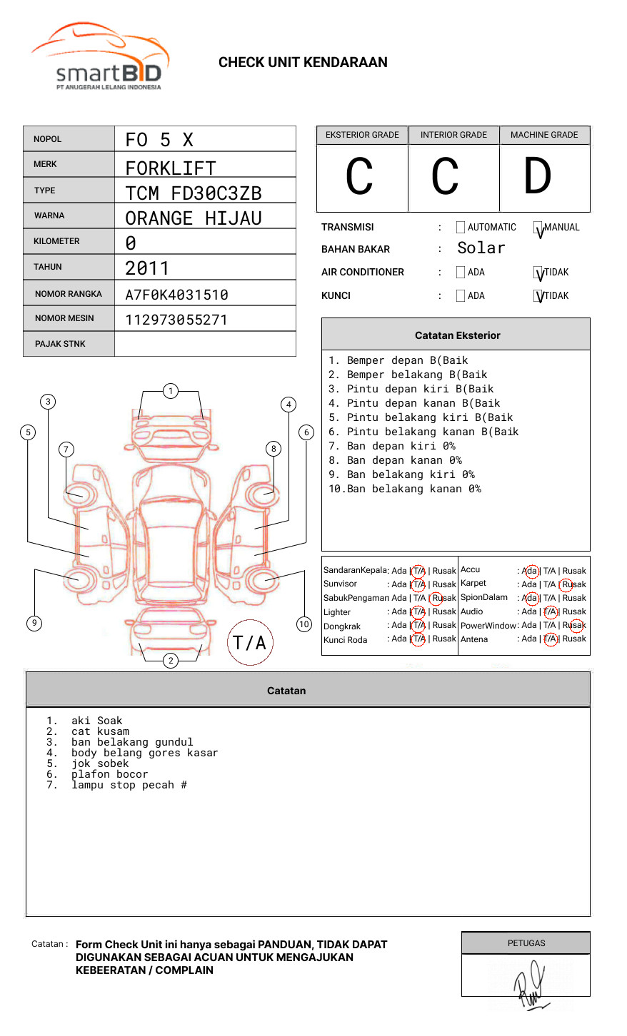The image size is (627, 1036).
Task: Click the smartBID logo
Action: click(100, 57)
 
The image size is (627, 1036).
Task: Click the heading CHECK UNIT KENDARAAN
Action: click(303, 63)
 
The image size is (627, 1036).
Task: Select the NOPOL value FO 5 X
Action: click(159, 140)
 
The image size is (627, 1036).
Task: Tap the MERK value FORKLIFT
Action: click(170, 168)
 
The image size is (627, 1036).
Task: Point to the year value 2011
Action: click(147, 268)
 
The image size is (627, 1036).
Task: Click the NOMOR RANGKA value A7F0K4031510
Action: click(176, 295)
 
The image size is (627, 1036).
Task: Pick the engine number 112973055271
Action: click(176, 320)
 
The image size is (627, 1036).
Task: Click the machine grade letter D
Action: click(537, 177)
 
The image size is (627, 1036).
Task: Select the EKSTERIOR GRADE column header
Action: click(362, 135)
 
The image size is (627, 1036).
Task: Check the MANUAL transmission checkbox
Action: click(538, 228)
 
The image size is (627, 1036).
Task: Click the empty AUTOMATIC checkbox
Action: click(461, 228)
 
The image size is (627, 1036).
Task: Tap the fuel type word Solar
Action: click(481, 248)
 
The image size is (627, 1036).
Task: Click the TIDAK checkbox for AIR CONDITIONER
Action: click(538, 273)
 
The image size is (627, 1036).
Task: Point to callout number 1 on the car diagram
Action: click(170, 391)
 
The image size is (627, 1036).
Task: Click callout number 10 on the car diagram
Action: click(304, 624)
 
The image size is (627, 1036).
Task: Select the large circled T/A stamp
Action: click(249, 643)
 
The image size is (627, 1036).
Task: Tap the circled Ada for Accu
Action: click(531, 571)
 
